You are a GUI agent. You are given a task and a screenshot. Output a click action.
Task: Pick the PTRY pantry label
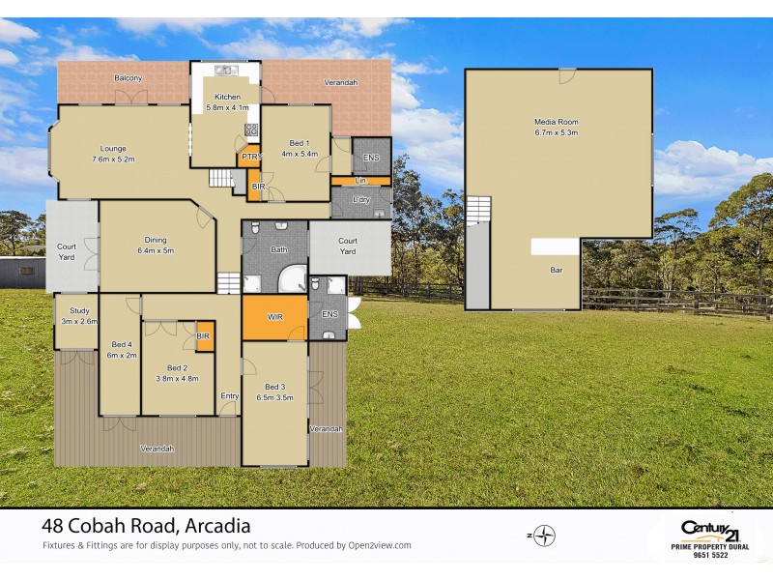(250, 157)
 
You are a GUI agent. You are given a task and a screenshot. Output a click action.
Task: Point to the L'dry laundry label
(360, 200)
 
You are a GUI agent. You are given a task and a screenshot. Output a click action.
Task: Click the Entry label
(230, 395)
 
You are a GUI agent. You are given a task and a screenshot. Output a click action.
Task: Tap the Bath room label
(279, 249)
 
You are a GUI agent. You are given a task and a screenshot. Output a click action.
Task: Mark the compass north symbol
(546, 535)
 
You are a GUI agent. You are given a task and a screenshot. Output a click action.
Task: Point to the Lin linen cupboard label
(360, 181)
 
